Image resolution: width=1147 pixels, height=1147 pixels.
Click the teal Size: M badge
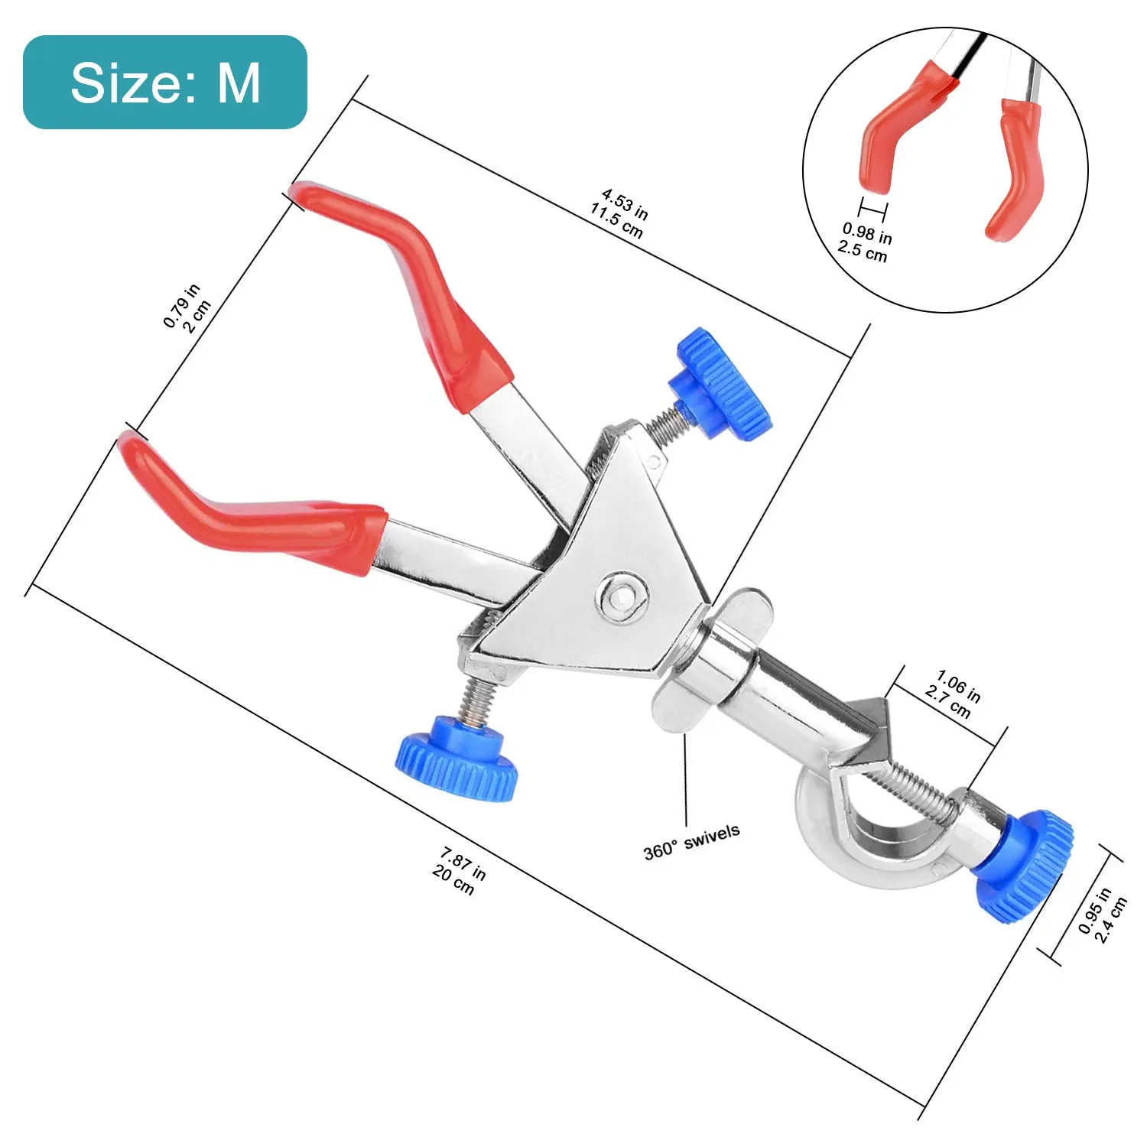click(165, 82)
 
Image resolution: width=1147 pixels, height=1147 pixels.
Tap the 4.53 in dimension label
click(625, 203)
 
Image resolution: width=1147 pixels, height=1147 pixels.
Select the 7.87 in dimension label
click(463, 862)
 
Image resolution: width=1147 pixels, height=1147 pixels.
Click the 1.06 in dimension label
click(959, 684)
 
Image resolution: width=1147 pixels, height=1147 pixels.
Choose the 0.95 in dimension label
click(1094, 911)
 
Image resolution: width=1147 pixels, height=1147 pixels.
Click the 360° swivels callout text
click(691, 841)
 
